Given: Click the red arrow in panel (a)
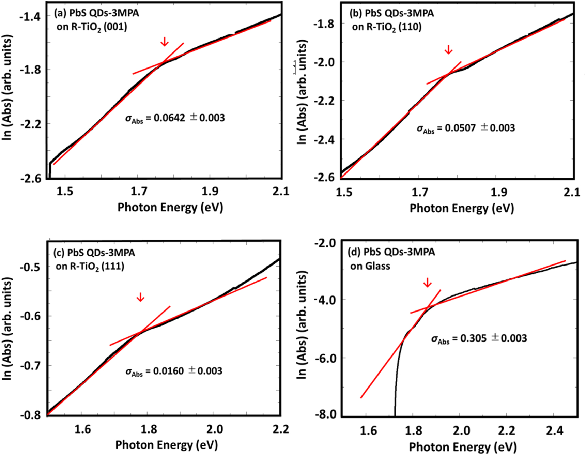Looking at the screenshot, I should coord(165,42).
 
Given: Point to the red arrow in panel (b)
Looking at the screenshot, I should coord(449,50).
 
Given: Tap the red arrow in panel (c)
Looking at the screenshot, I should coord(140,297).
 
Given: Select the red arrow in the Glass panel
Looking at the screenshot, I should coord(427,282).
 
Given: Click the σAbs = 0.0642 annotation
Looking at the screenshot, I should coord(175,118).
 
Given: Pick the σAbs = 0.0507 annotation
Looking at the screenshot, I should coord(466,128).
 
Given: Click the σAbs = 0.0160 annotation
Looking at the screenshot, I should coord(174,371).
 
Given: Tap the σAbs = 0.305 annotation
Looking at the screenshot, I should coord(479,338).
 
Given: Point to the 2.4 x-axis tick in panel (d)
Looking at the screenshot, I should coord(554,430).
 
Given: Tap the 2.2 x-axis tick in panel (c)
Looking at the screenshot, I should coord(280,429).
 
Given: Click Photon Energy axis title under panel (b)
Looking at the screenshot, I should coord(461,208).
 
